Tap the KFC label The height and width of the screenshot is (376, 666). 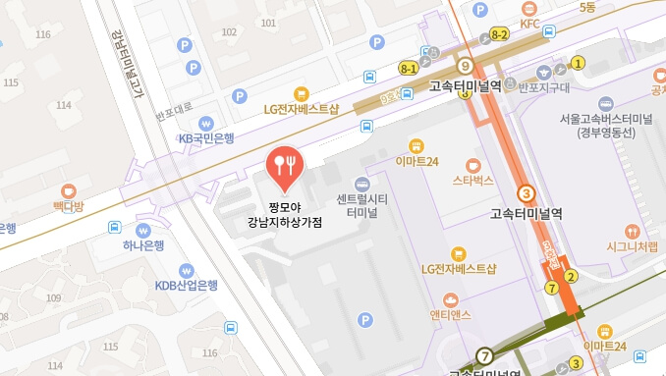530,23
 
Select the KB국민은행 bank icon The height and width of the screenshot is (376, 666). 205,123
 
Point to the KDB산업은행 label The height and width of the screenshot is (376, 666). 186,286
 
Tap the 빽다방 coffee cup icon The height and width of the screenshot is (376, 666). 68,189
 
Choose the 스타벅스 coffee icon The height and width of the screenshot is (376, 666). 472,164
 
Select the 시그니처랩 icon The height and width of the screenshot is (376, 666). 631,231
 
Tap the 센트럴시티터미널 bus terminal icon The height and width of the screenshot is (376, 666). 362,184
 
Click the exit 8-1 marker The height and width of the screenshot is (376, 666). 409,68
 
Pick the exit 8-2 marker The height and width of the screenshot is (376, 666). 499,34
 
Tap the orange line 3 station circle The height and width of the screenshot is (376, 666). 527,193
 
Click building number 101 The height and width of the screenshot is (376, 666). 230,31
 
